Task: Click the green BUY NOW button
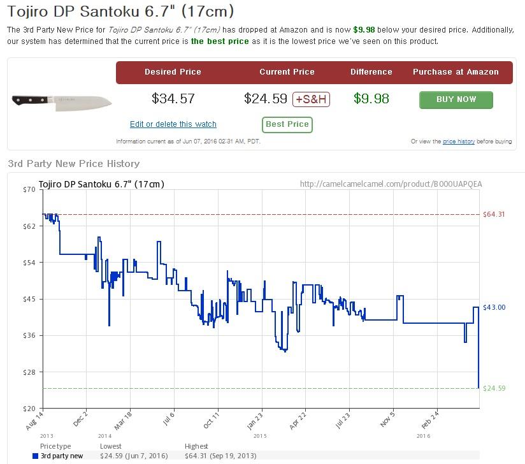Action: coord(456,99)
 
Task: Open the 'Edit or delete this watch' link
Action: coord(173,124)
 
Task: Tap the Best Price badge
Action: coord(287,124)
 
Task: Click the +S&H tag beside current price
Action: coord(311,99)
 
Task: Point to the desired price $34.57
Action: coord(173,99)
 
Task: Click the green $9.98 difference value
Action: coord(371,99)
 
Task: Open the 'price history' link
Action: coord(459,141)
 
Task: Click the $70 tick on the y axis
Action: coord(29,189)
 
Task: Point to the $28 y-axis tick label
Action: coord(29,372)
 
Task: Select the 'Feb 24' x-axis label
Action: coord(430,421)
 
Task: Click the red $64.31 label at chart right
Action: coord(494,214)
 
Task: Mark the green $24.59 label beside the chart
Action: coord(494,388)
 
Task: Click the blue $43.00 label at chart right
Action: coord(494,307)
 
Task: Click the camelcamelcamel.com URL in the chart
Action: coord(391,184)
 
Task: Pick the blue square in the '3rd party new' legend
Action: coord(35,456)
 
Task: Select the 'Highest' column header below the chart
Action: coord(196,446)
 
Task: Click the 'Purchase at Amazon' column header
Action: coord(456,72)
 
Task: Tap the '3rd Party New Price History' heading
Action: coord(74,164)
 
